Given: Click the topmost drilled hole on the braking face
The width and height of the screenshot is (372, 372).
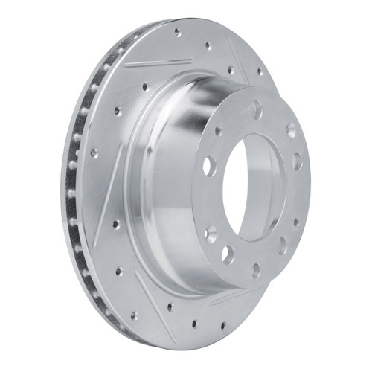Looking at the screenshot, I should [x=177, y=32].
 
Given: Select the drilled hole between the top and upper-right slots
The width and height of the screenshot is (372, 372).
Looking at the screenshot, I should [x=208, y=46].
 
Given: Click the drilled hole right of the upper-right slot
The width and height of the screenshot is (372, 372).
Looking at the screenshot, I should [x=260, y=72].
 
